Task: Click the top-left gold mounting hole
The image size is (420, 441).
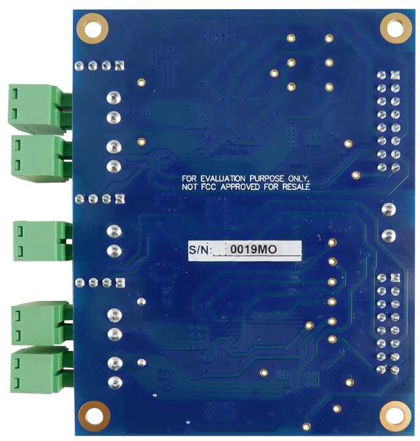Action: tap(93, 28)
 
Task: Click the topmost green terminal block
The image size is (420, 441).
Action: tap(39, 107)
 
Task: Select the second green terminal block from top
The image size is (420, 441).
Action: tap(40, 156)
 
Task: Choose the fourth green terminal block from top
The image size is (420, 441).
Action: tap(40, 322)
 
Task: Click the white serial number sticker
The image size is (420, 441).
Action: tap(244, 250)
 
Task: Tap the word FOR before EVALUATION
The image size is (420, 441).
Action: tap(190, 178)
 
